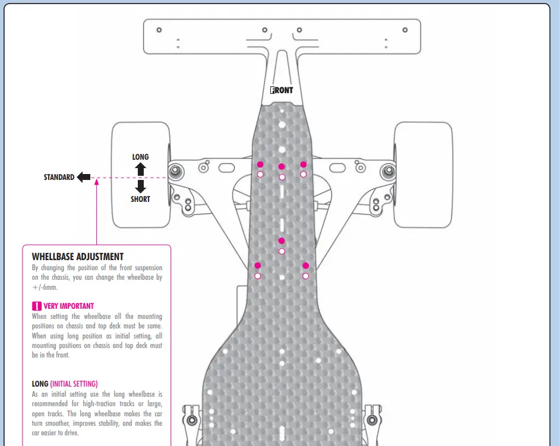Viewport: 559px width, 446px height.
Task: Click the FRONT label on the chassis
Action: coord(282,90)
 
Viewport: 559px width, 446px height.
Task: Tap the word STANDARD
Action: coord(59,177)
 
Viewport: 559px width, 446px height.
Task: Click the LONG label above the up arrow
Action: coord(140,157)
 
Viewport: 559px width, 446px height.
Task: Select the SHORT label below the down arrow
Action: coord(140,199)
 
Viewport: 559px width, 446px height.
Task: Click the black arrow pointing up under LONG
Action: coord(140,169)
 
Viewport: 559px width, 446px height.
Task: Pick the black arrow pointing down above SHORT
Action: coord(140,186)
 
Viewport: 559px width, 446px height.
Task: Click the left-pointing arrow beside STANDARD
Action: coord(84,177)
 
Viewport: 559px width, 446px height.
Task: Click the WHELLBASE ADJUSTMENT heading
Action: coord(78,257)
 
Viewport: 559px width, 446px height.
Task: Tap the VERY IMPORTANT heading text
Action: coord(69,306)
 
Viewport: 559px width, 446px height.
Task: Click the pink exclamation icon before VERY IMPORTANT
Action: coord(37,306)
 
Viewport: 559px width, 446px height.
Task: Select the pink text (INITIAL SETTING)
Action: coord(74,384)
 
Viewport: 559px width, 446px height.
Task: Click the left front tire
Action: coord(141,175)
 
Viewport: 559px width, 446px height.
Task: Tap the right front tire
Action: coord(423,175)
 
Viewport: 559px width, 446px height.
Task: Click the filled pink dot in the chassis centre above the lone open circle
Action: coord(282,241)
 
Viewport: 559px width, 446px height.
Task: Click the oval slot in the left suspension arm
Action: coord(226,167)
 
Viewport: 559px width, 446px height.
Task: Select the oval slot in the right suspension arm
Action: coord(337,167)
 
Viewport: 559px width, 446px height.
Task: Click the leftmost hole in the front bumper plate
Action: coord(159,30)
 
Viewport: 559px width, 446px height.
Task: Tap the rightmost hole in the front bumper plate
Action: coord(405,30)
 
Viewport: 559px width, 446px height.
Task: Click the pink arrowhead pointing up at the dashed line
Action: coord(96,182)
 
